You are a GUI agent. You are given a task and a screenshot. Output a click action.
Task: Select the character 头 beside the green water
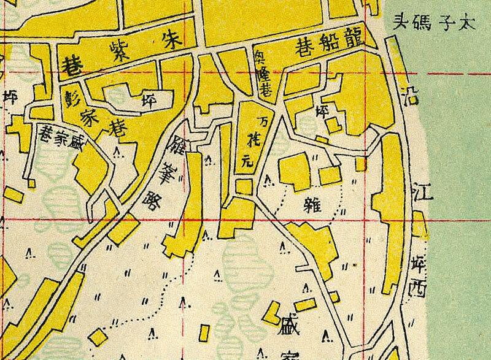coord(400,25)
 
